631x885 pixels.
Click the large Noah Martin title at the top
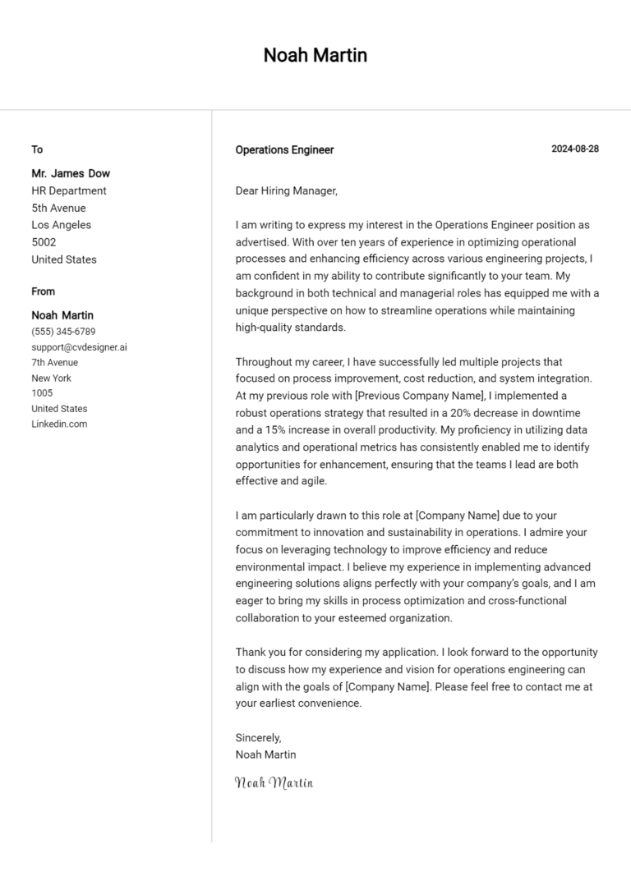coord(315,56)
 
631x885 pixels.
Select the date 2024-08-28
coord(574,149)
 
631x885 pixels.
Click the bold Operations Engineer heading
coord(284,150)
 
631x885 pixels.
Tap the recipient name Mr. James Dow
coord(71,173)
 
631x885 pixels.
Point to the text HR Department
coord(69,190)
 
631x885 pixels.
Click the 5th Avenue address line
coord(58,208)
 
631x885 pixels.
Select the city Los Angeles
coord(62,225)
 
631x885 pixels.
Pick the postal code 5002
coord(44,242)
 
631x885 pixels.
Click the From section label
coord(44,291)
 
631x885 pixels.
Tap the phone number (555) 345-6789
coord(63,332)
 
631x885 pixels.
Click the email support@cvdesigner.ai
coord(79,347)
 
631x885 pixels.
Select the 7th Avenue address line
coord(55,363)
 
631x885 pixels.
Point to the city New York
coord(52,378)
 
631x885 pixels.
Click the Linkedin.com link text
coord(59,424)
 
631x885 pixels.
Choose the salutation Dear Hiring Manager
coord(286,190)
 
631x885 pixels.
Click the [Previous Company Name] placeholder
coord(420,395)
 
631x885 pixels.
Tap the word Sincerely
coord(258,737)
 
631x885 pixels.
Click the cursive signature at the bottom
coord(274,782)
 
